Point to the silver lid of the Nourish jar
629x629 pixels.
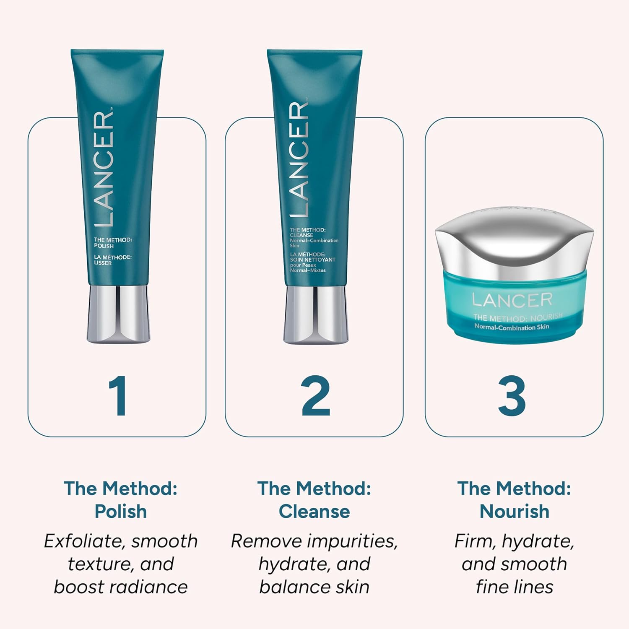pyautogui.click(x=514, y=247)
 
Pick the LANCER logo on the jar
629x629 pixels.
pyautogui.click(x=512, y=300)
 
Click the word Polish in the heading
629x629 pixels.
pyautogui.click(x=121, y=512)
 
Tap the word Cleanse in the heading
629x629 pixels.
pyautogui.click(x=314, y=512)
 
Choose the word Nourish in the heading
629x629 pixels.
pyautogui.click(x=514, y=512)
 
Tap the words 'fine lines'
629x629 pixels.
pyautogui.click(x=514, y=587)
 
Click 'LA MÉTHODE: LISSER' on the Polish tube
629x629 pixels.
pyautogui.click(x=112, y=260)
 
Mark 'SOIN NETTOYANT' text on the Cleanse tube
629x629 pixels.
pyautogui.click(x=312, y=260)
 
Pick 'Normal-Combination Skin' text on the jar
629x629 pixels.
pyautogui.click(x=512, y=327)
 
